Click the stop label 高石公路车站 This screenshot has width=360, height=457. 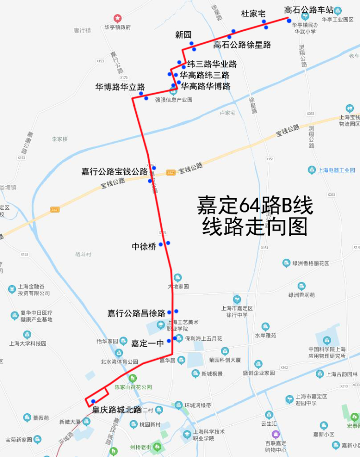point(308,10)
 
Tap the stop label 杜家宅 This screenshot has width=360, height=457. point(253,14)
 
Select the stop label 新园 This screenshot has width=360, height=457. point(183,35)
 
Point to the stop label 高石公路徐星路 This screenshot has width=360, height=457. point(242,45)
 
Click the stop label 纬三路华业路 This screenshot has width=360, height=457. point(212,64)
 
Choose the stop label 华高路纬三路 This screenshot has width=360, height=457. point(204,75)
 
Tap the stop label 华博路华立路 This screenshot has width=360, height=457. point(120,87)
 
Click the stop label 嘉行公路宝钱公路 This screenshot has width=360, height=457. point(115,171)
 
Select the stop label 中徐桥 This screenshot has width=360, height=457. point(144,247)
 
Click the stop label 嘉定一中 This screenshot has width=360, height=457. point(148,343)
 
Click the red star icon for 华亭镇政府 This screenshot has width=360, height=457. point(118,18)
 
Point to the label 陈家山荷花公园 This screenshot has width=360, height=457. point(133,387)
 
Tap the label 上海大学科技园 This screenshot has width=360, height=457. point(27,343)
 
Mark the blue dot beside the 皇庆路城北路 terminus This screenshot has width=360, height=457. point(93,401)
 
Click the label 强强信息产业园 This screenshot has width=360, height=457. point(174,100)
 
